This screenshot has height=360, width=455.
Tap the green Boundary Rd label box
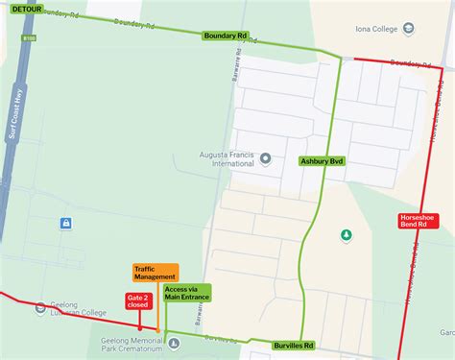tap(226, 36)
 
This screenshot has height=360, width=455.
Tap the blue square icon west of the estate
tap(65, 225)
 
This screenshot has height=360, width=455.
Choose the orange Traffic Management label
tap(155, 273)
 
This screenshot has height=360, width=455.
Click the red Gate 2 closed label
tap(137, 301)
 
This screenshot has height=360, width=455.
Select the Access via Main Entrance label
tap(186, 292)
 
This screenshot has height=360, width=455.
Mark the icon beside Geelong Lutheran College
tap(38, 307)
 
